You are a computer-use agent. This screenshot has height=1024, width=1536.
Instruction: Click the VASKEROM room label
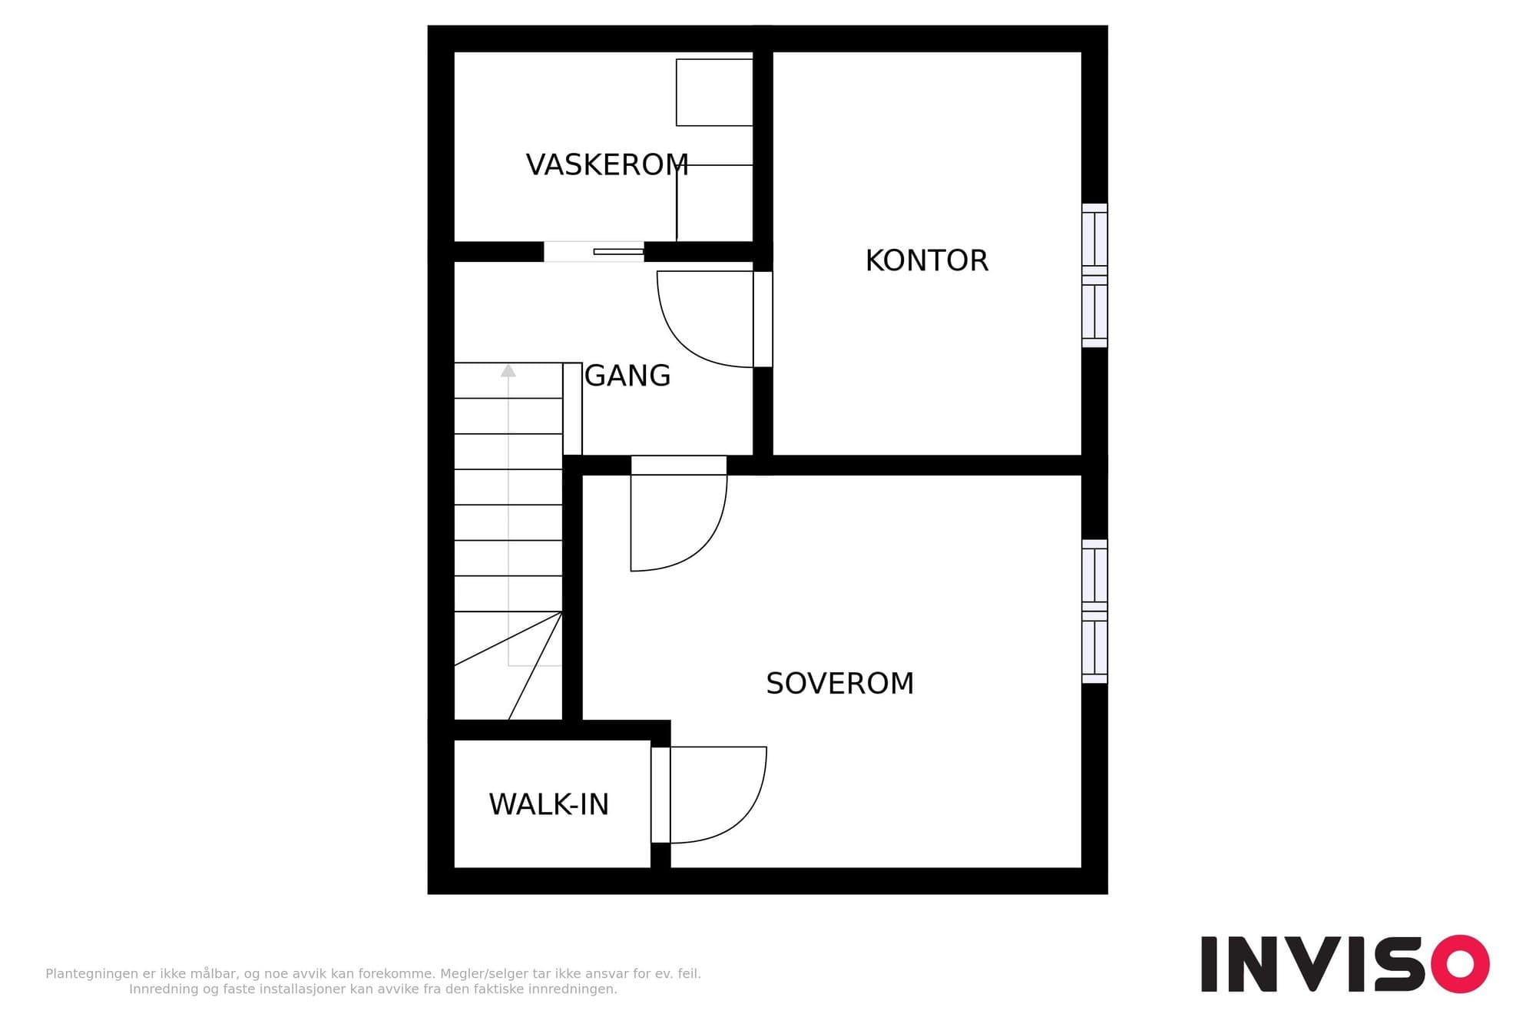tap(607, 165)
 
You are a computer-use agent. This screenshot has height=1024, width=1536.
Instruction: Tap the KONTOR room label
tap(927, 260)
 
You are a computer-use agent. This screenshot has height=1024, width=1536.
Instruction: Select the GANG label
tap(627, 376)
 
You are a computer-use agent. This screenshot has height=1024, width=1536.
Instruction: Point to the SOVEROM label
tap(840, 683)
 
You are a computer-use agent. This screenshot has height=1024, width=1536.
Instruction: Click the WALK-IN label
tap(548, 804)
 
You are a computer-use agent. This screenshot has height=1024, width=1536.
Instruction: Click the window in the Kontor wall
tap(1094, 275)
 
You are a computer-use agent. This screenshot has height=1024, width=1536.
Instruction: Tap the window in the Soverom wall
tap(1094, 611)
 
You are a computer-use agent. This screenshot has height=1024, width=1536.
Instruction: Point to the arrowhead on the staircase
tap(508, 370)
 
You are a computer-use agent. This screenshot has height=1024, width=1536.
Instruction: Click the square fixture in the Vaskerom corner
tap(714, 92)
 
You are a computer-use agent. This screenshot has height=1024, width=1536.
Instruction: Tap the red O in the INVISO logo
tap(1460, 963)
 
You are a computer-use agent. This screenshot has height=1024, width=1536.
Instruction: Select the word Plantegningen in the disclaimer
tap(92, 974)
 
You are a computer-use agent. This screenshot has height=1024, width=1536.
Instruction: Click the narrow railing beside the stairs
tap(572, 409)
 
